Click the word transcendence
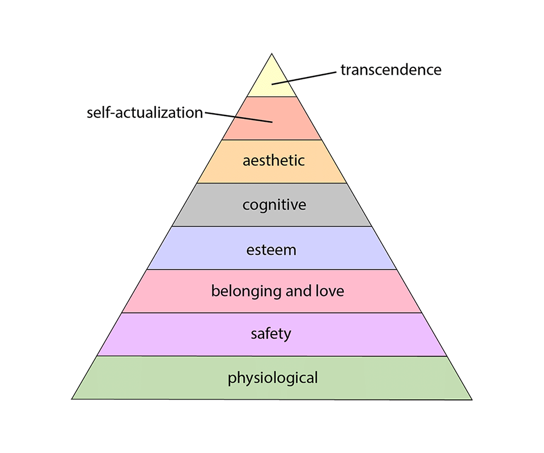[390, 70]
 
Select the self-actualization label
[144, 112]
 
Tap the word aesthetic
[274, 160]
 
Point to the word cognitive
[274, 204]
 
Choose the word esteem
[271, 249]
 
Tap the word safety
[271, 334]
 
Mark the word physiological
[273, 378]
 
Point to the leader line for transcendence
[306, 77]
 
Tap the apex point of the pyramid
[271, 54]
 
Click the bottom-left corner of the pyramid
[72, 399]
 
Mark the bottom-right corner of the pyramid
[471, 399]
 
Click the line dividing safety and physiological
[271, 356]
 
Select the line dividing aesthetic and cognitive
[271, 183]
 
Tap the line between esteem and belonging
[271, 270]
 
